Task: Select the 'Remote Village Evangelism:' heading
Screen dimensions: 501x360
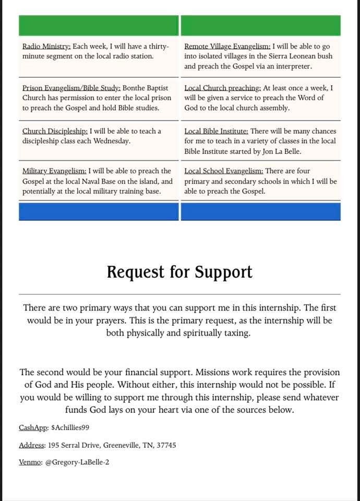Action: (x=227, y=46)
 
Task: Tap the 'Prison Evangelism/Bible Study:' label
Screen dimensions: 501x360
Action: (x=71, y=88)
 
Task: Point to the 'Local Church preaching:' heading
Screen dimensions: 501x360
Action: (x=221, y=88)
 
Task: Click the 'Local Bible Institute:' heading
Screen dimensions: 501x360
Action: (x=217, y=131)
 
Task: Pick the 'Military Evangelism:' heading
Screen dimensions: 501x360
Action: (x=54, y=171)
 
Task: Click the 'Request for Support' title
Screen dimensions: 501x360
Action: (x=179, y=272)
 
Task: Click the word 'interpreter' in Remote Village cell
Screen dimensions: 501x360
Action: (x=293, y=66)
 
